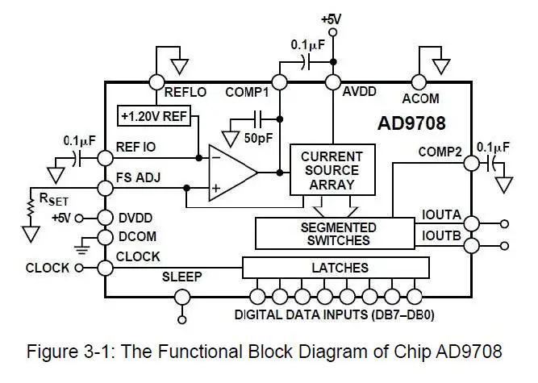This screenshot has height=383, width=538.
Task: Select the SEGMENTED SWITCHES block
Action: (x=338, y=234)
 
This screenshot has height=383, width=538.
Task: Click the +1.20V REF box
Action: (x=153, y=115)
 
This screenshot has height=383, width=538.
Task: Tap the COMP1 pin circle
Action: (x=279, y=81)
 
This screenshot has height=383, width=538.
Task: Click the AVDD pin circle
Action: (x=332, y=81)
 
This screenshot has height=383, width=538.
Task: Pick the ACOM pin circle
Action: (x=418, y=81)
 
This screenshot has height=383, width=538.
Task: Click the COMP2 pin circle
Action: (x=472, y=163)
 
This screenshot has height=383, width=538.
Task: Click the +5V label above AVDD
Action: (x=332, y=18)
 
